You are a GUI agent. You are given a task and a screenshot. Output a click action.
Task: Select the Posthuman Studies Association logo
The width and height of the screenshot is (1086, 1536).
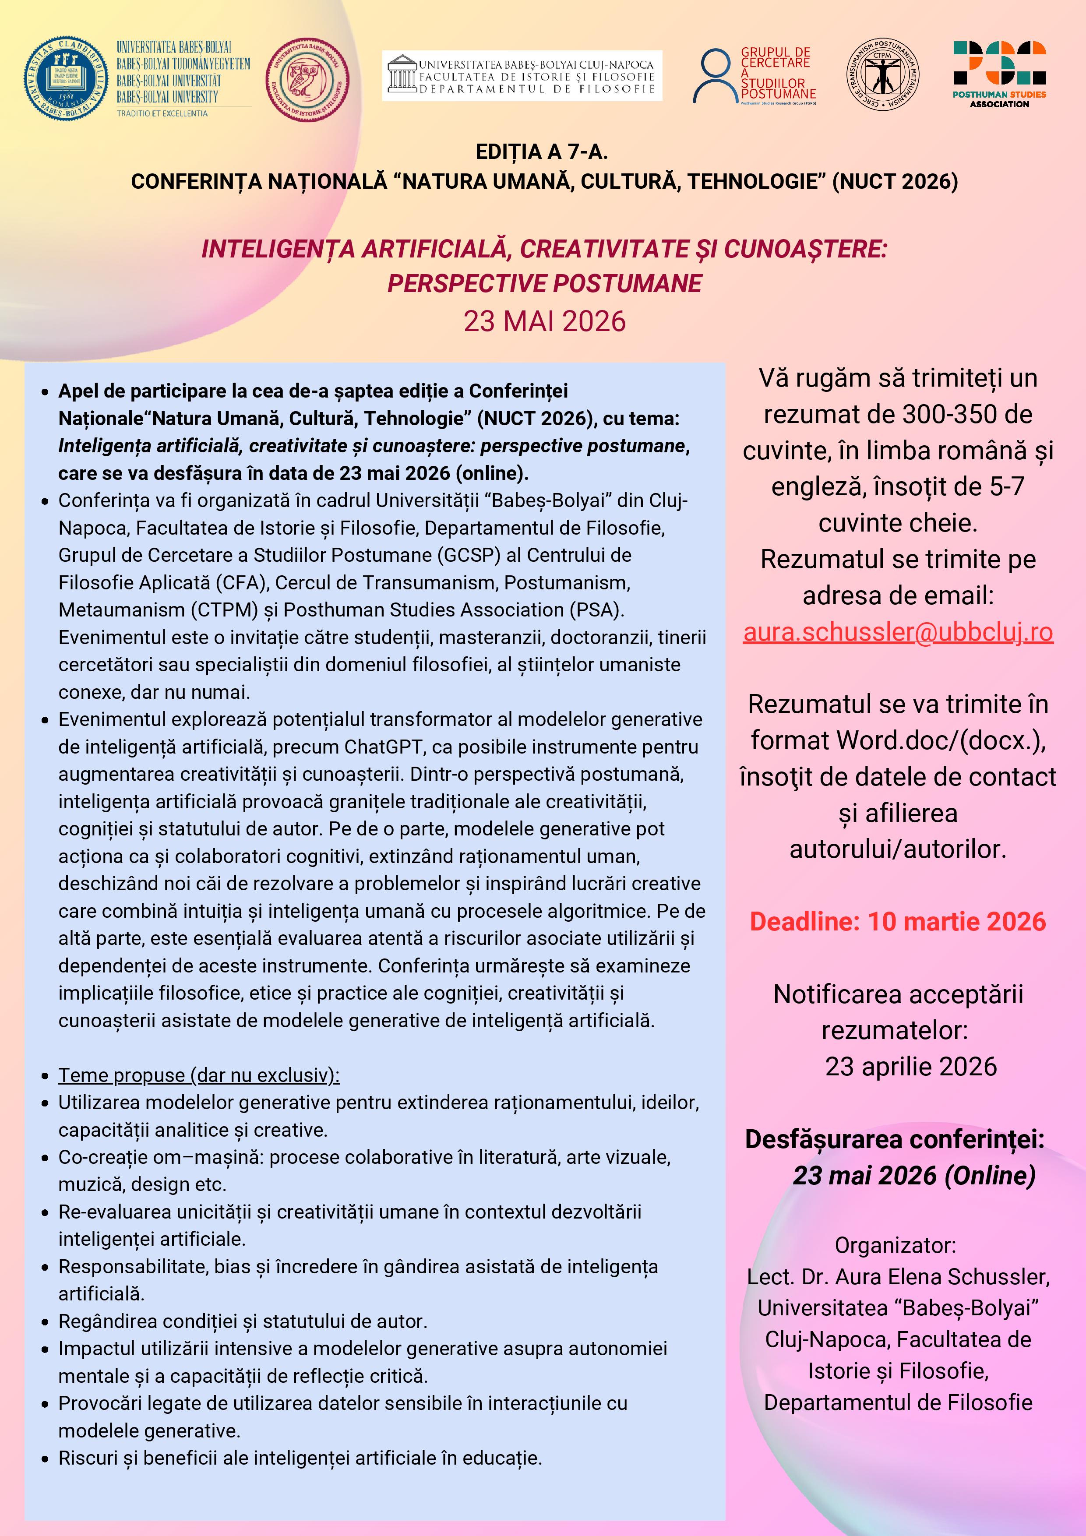point(999,74)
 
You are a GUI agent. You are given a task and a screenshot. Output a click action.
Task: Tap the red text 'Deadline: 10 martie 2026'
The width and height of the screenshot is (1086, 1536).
point(897,921)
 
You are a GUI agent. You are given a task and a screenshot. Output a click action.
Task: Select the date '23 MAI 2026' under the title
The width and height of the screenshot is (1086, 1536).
point(544,322)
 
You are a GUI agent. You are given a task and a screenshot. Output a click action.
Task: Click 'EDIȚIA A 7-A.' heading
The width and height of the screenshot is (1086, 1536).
point(541,152)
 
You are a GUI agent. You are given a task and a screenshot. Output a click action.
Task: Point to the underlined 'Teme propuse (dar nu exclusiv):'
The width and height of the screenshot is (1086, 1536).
point(199,1075)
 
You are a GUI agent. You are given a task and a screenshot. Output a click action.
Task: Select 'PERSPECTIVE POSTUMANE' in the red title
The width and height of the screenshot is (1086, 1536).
point(544,284)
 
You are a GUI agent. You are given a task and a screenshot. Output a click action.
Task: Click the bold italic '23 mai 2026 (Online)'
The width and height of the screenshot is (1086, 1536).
point(913,1175)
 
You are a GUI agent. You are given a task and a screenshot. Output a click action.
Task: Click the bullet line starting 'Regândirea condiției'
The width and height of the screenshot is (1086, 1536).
point(242,1321)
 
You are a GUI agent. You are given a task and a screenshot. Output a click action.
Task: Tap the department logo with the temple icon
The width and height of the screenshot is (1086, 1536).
point(522,76)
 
